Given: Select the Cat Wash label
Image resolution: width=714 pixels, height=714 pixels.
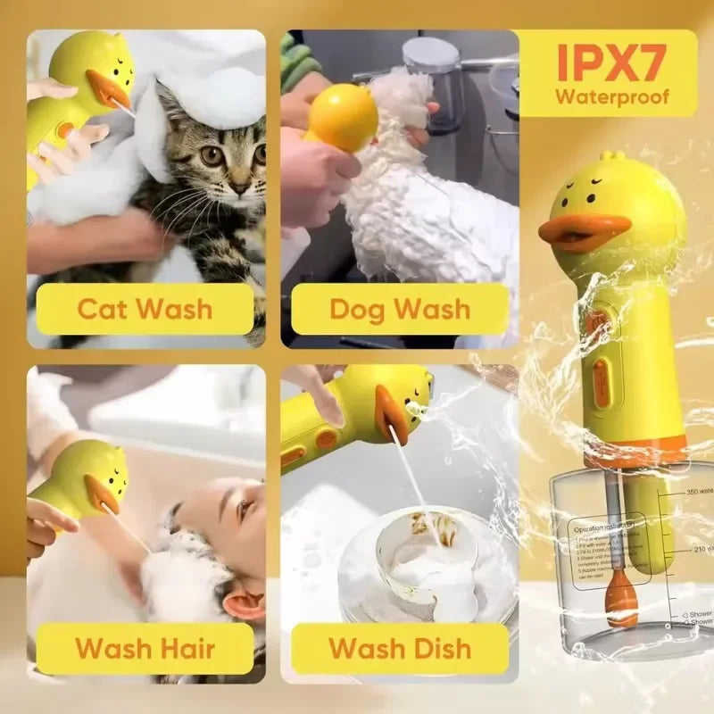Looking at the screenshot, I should pyautogui.click(x=145, y=309).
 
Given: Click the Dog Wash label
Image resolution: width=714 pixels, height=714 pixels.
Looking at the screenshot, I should pyautogui.click(x=399, y=309).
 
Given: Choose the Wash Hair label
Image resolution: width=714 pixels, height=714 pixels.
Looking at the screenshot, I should pyautogui.click(x=145, y=648).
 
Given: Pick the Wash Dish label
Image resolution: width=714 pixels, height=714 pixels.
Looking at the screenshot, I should pyautogui.click(x=399, y=648).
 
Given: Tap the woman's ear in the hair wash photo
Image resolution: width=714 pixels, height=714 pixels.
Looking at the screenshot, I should pyautogui.click(x=242, y=607).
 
